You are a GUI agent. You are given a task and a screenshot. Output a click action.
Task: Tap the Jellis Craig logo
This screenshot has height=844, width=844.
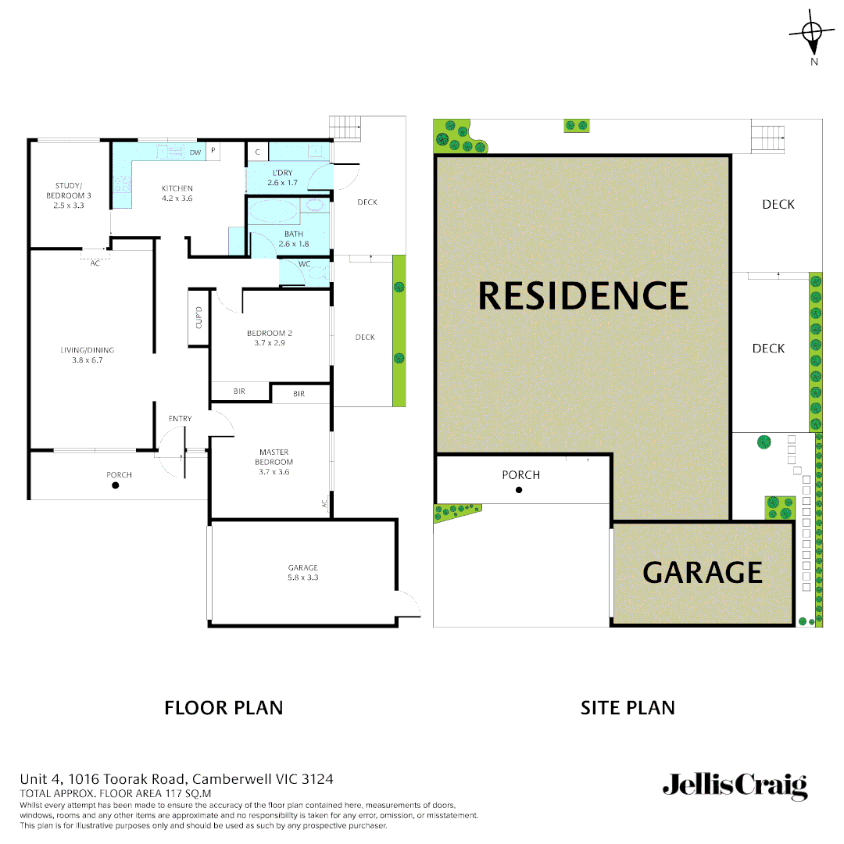pyautogui.click(x=735, y=785)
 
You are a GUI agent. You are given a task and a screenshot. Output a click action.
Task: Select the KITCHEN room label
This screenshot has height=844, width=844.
pyautogui.click(x=177, y=188)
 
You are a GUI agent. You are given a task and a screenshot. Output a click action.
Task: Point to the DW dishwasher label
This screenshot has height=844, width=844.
pyautogui.click(x=195, y=152)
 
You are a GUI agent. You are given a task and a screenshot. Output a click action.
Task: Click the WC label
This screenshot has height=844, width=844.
pyautogui.click(x=304, y=264)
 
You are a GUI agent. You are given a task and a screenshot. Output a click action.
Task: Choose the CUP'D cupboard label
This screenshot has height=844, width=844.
pyautogui.click(x=198, y=318)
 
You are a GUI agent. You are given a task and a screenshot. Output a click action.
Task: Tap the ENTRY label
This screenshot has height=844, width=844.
pyautogui.click(x=180, y=419)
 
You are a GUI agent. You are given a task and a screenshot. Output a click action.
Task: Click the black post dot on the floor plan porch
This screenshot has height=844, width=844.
pyautogui.click(x=116, y=485)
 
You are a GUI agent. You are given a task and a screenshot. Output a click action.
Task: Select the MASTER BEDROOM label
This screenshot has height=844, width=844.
pyautogui.click(x=274, y=456)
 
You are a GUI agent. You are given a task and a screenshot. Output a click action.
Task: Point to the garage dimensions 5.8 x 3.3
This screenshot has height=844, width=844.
pyautogui.click(x=302, y=578)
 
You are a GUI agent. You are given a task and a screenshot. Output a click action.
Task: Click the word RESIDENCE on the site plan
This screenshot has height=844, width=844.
pyautogui.click(x=583, y=295)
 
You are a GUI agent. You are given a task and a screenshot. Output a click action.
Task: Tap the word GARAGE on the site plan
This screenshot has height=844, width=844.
pyautogui.click(x=702, y=573)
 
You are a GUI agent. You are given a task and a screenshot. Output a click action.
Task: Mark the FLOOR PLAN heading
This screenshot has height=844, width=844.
pyautogui.click(x=224, y=708)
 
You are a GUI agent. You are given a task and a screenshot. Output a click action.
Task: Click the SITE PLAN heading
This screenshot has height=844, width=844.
pyautogui.click(x=628, y=708)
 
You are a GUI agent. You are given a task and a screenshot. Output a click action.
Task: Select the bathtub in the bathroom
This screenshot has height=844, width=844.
pyautogui.click(x=274, y=212)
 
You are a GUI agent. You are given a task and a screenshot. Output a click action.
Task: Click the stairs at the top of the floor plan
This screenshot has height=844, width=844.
pyautogui.click(x=342, y=127)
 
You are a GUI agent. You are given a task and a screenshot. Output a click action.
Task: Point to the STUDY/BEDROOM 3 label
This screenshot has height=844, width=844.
pyautogui.click(x=68, y=190)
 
